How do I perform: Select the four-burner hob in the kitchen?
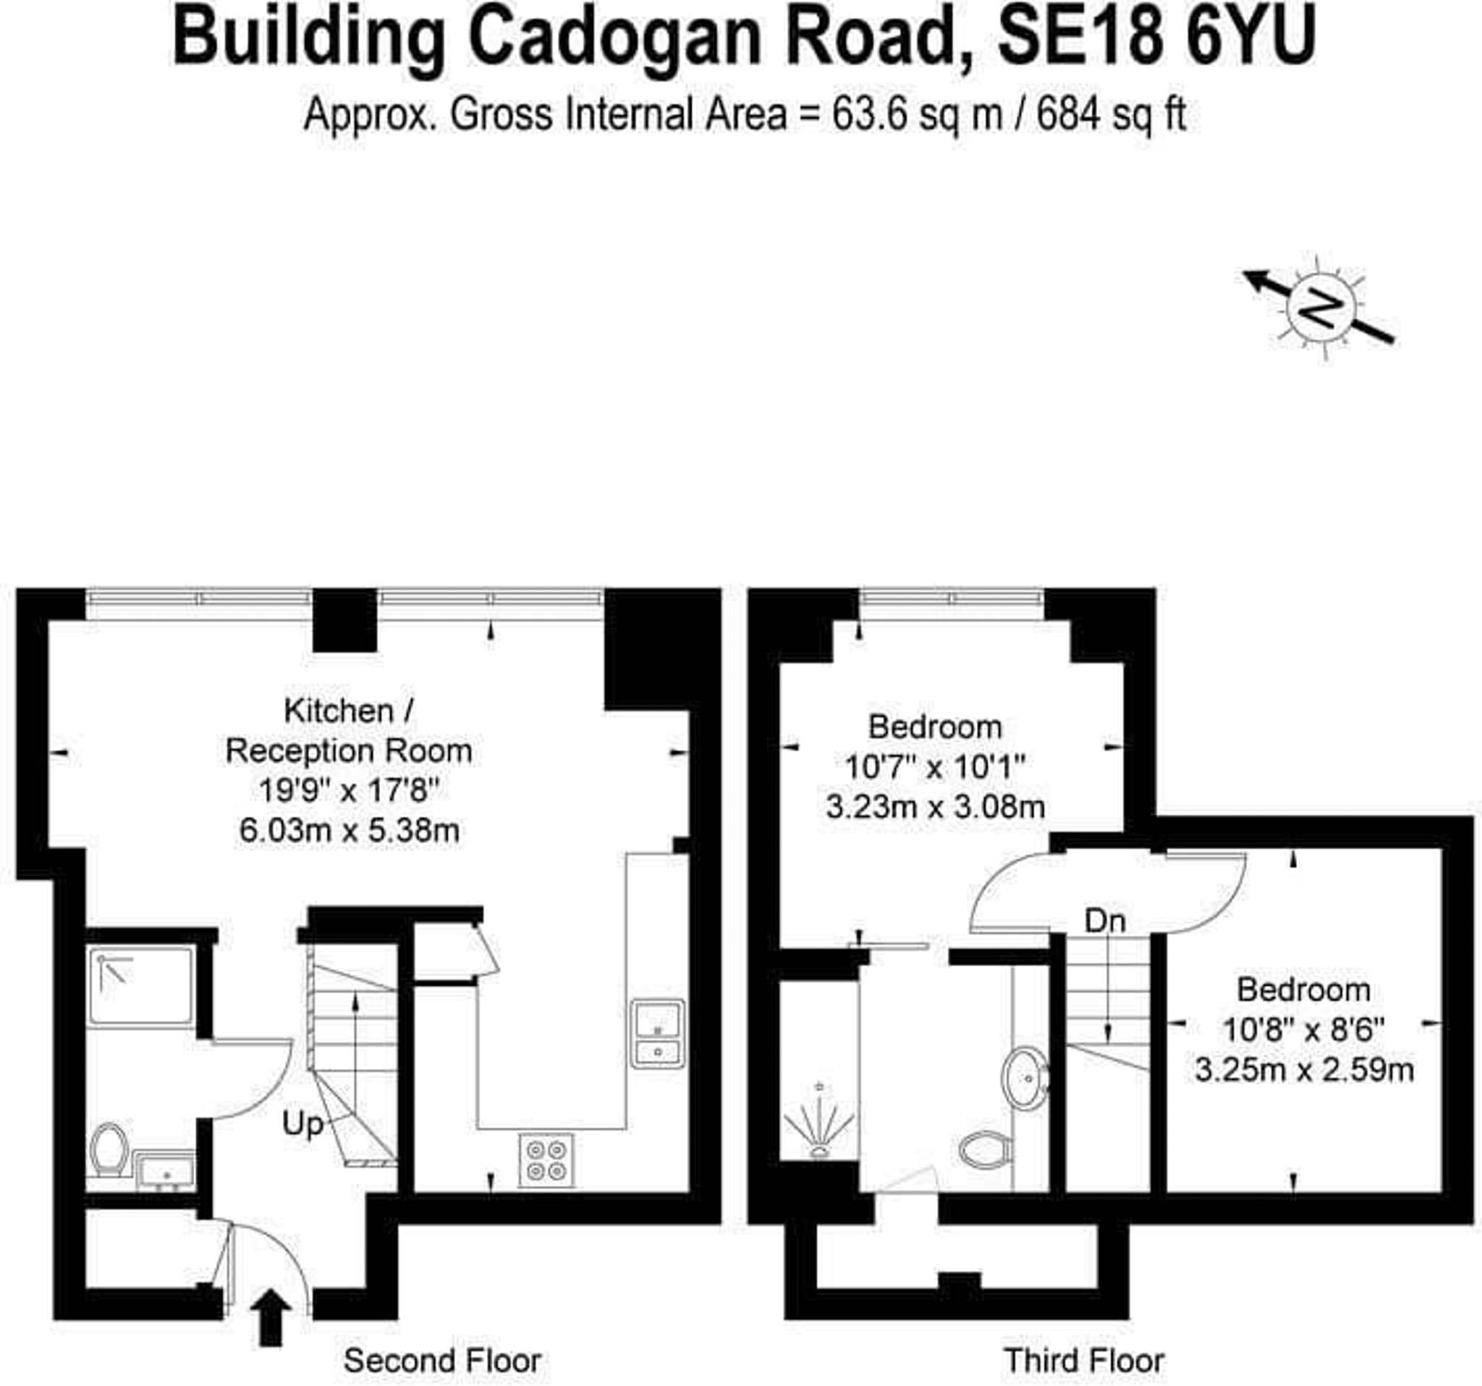(546, 1160)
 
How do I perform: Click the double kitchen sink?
(658, 1034)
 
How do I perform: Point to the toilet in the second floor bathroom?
(109, 1149)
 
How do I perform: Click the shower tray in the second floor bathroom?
(141, 986)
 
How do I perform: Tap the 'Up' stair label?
(302, 1123)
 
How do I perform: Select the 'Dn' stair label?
(1104, 921)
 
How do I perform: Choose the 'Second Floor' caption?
(442, 1361)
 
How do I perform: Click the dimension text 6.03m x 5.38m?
(349, 830)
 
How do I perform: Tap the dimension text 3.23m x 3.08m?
(935, 806)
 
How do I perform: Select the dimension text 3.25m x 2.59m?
(1304, 1070)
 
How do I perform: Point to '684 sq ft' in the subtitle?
(1111, 116)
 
